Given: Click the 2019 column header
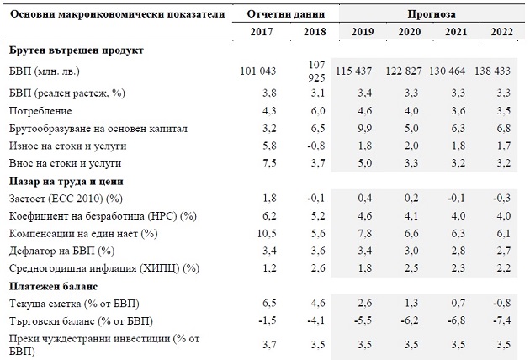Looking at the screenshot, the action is [x=363, y=32].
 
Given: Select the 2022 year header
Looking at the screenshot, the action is [x=502, y=32].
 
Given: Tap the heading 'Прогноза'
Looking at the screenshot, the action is [x=432, y=13].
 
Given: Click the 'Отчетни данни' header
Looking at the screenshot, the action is [x=286, y=13].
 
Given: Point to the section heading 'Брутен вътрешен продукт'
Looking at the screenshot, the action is [x=77, y=50].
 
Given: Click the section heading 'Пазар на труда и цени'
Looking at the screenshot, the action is [x=66, y=182].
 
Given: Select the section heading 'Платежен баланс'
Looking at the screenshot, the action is [x=53, y=286].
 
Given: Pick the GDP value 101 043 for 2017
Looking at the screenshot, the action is [x=258, y=71].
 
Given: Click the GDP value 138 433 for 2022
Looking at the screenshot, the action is [x=492, y=71].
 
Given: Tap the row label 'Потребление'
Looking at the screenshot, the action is [x=40, y=111].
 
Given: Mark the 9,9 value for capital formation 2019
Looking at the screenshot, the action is [x=365, y=129].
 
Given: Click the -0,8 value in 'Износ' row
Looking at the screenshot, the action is [x=316, y=146].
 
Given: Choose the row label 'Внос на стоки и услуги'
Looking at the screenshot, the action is [x=65, y=163].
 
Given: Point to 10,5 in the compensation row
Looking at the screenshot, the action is [x=267, y=233].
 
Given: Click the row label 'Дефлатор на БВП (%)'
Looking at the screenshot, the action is [x=62, y=251].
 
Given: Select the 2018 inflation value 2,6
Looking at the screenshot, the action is [x=318, y=268].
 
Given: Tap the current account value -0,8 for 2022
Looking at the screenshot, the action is [x=501, y=303].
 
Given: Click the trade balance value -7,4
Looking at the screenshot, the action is [x=501, y=320].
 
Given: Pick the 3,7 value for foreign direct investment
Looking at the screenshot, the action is [x=269, y=345].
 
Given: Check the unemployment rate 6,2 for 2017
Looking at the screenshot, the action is [x=269, y=215].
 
